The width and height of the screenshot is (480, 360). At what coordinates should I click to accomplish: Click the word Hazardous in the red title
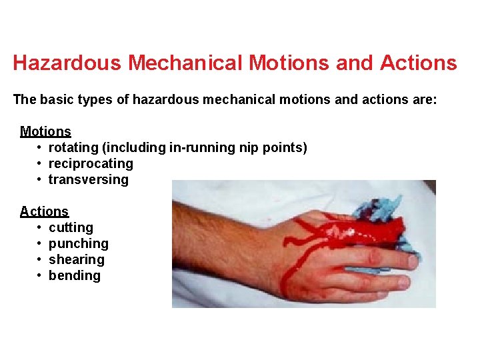coord(67,63)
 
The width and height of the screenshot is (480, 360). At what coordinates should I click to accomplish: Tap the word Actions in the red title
coord(418,63)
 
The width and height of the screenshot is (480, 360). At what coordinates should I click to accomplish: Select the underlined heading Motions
coord(45,131)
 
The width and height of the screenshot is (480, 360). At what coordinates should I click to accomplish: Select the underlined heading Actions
coord(44,211)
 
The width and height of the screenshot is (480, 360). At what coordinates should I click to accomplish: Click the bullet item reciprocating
coord(91,163)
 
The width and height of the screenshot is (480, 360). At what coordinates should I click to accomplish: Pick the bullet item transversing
coord(89,179)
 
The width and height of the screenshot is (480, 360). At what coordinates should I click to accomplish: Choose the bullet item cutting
coord(71,227)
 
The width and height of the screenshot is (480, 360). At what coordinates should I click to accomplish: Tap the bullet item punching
coord(78,243)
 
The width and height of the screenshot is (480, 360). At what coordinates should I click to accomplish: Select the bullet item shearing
coord(77,259)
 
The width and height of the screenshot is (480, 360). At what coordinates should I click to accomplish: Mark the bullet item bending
coord(75,275)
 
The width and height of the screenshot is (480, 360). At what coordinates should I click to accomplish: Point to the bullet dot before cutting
coord(41,227)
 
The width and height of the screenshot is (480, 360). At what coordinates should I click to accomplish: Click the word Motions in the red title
coord(287,63)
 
